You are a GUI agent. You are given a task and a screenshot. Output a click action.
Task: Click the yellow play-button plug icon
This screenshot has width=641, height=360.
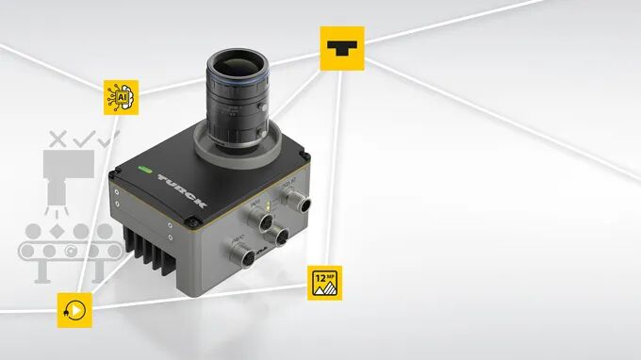[x=74, y=308]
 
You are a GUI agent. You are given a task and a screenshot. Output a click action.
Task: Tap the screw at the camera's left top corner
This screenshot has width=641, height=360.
[x=116, y=173]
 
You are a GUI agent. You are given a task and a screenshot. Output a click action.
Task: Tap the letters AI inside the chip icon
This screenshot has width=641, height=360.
[x=122, y=96]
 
